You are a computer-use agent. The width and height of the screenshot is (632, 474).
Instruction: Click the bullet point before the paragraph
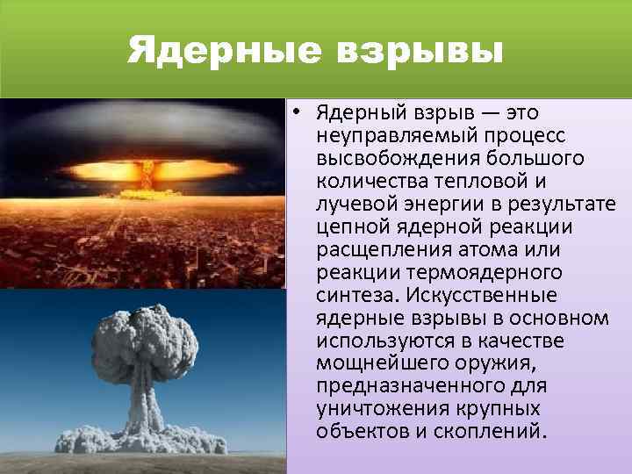[x=299, y=111]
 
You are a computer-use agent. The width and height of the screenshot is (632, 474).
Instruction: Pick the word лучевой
[x=357, y=205]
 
